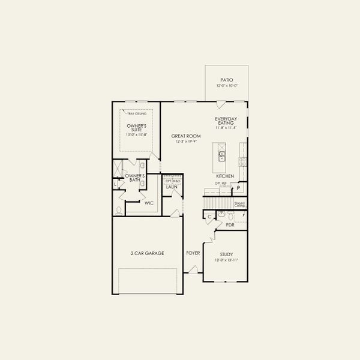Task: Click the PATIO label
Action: click(226, 80)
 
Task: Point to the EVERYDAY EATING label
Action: click(226, 121)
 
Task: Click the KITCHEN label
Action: click(225, 176)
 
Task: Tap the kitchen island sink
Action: click(221, 155)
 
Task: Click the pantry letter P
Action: click(238, 188)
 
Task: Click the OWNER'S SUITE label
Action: click(136, 128)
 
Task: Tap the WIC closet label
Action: click(149, 203)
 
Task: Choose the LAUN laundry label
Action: click(172, 187)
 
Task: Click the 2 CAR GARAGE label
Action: click(147, 253)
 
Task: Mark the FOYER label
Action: click(193, 253)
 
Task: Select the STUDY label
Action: click(226, 254)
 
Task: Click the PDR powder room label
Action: click(230, 224)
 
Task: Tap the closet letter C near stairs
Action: click(210, 215)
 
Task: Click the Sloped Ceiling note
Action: click(239, 204)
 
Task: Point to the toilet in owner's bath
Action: click(120, 210)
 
